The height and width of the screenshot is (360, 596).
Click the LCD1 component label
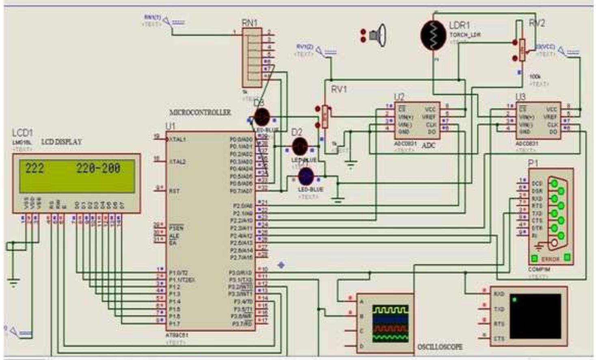[x=22, y=133]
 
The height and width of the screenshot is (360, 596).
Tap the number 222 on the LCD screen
[x=35, y=168]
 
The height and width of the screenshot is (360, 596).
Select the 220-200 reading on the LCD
[x=98, y=168]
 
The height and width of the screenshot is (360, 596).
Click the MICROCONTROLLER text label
[x=200, y=112]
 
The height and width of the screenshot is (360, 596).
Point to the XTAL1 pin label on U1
[x=177, y=139]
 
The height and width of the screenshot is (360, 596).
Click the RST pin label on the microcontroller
[x=174, y=191]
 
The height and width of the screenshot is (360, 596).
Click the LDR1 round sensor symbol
[x=433, y=36]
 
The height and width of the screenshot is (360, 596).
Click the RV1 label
[x=339, y=89]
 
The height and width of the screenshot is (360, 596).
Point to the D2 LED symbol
[x=300, y=146]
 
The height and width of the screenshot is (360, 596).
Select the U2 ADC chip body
[x=417, y=120]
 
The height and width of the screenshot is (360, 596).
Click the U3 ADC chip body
[x=538, y=120]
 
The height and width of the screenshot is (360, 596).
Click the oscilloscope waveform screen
[x=390, y=323]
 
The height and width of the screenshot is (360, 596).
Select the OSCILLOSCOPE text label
[x=440, y=347]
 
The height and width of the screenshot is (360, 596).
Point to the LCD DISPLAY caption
[x=61, y=142]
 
